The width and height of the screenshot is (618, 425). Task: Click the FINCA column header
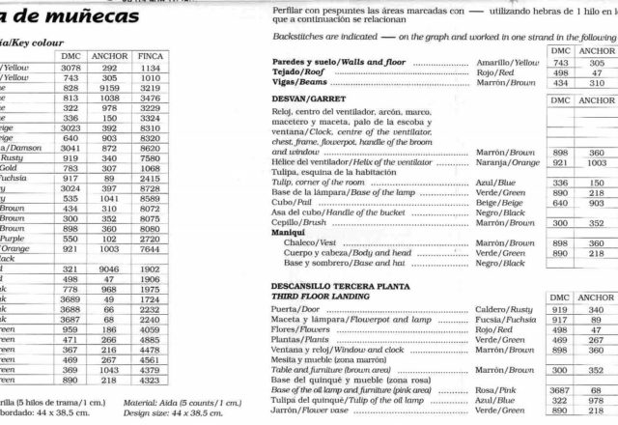point(150,56)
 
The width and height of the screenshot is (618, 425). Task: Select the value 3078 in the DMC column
point(70,68)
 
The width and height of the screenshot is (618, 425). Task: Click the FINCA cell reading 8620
point(150,148)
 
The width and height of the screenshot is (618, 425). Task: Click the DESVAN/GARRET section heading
point(311,99)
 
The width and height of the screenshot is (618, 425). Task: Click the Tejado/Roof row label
point(301,71)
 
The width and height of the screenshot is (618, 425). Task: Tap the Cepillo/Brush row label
point(300,222)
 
